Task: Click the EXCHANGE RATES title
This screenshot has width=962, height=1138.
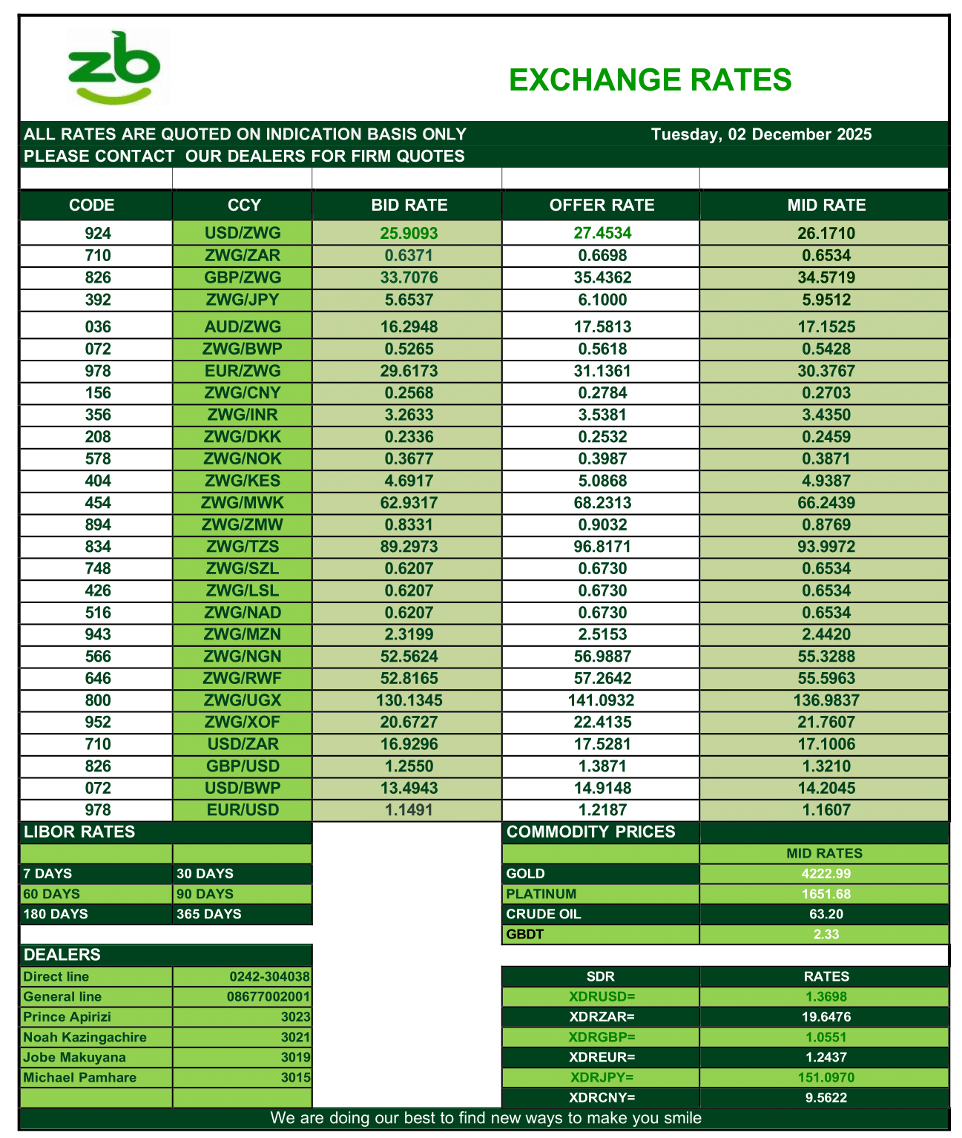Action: click(x=650, y=80)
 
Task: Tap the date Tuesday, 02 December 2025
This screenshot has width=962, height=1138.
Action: click(x=761, y=134)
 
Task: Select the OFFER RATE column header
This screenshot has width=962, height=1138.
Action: click(x=602, y=205)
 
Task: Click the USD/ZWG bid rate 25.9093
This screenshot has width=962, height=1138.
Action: click(x=409, y=234)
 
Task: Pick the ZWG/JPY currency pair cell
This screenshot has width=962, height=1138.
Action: click(x=243, y=300)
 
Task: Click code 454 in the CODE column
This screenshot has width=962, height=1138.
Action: click(x=97, y=503)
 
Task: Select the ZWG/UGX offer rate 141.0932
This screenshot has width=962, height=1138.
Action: click(x=602, y=700)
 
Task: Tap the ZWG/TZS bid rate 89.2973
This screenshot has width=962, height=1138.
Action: click(x=409, y=547)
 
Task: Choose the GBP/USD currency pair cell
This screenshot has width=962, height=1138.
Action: click(x=243, y=766)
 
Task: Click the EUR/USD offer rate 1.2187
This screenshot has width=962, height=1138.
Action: click(x=602, y=810)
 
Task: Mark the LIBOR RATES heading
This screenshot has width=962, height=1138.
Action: click(x=79, y=832)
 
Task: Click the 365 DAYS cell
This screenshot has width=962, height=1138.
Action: click(x=209, y=914)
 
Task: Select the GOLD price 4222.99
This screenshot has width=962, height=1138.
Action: click(x=826, y=874)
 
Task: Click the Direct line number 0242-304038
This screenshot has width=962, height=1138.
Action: click(x=269, y=977)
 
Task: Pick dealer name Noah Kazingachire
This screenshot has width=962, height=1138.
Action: click(x=85, y=1037)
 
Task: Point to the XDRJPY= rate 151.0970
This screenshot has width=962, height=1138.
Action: click(x=826, y=1077)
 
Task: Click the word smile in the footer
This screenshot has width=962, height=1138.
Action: click(x=681, y=1118)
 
